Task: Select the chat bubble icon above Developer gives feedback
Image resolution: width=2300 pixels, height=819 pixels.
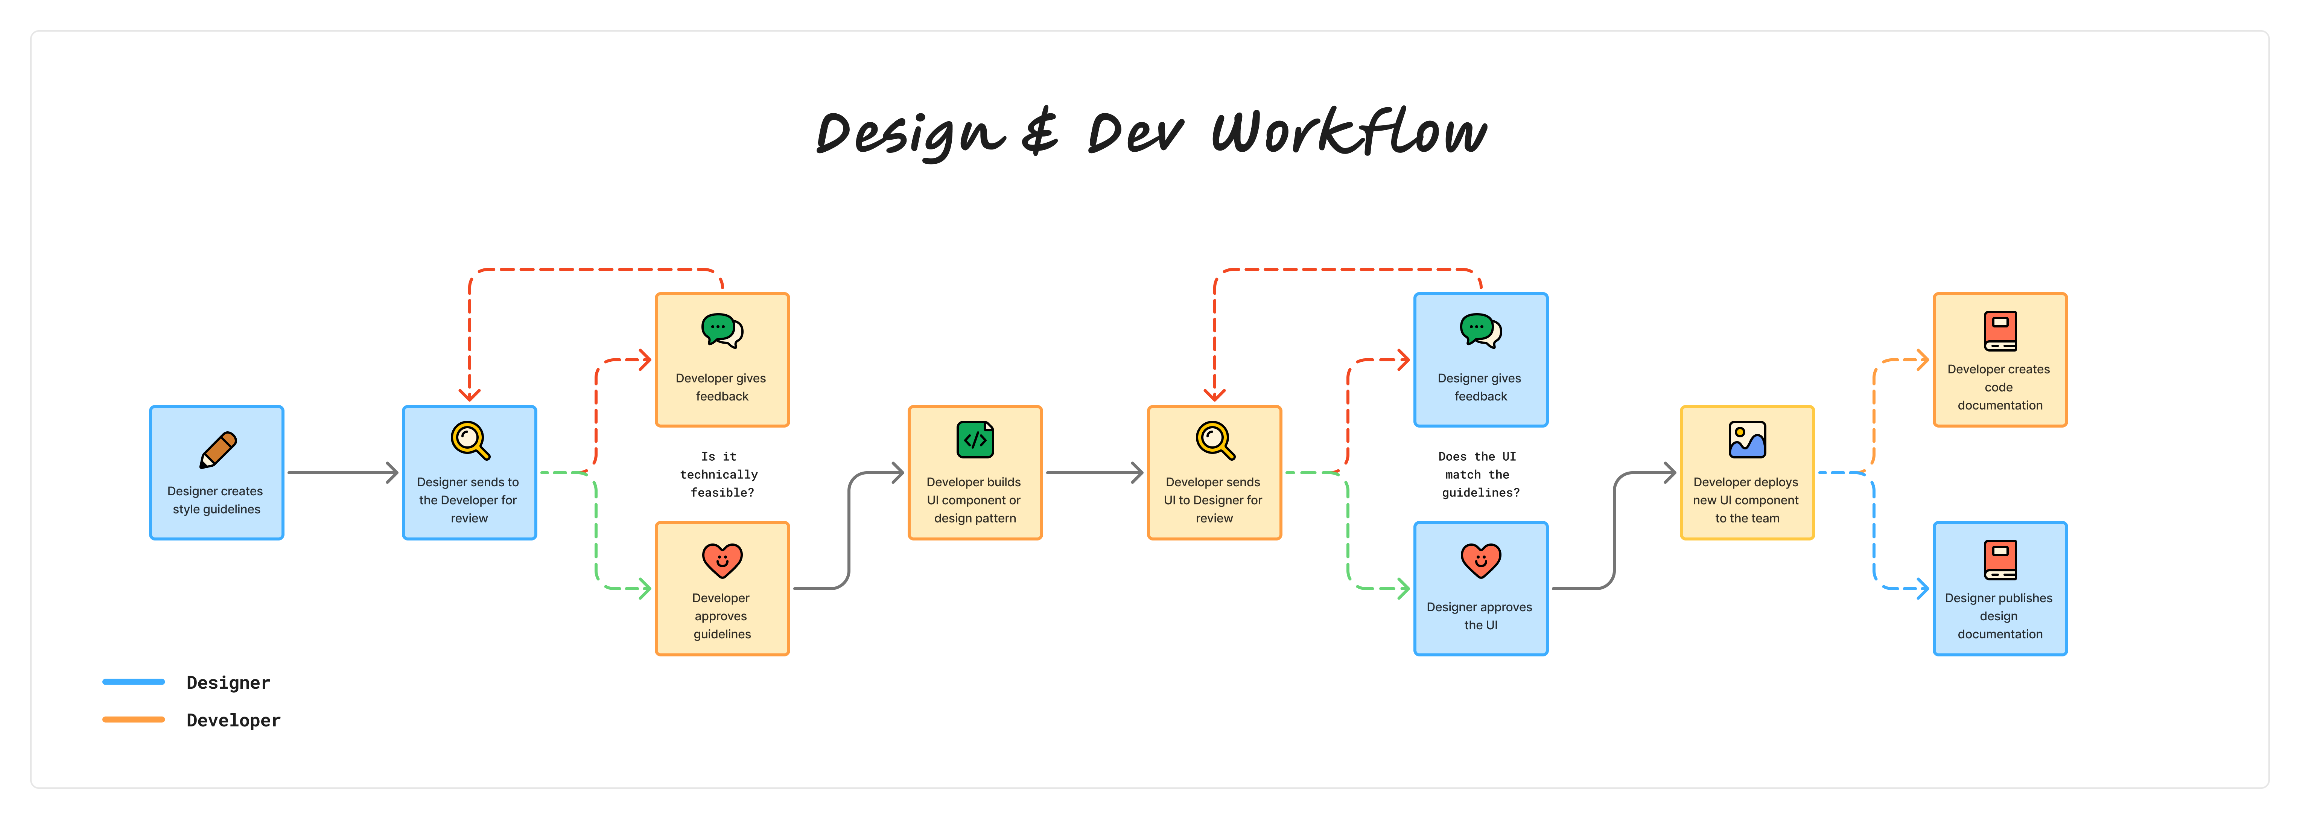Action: [721, 330]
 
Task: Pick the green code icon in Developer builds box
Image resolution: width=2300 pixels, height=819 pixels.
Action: [975, 439]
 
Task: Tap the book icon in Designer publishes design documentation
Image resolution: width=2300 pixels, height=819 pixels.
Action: [2000, 560]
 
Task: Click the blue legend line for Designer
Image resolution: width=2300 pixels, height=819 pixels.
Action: [134, 682]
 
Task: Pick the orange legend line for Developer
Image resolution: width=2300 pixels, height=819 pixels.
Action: [134, 719]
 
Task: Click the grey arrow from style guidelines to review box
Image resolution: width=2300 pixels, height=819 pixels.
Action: [343, 472]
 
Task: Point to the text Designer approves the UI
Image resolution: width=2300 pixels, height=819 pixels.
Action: [1480, 615]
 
